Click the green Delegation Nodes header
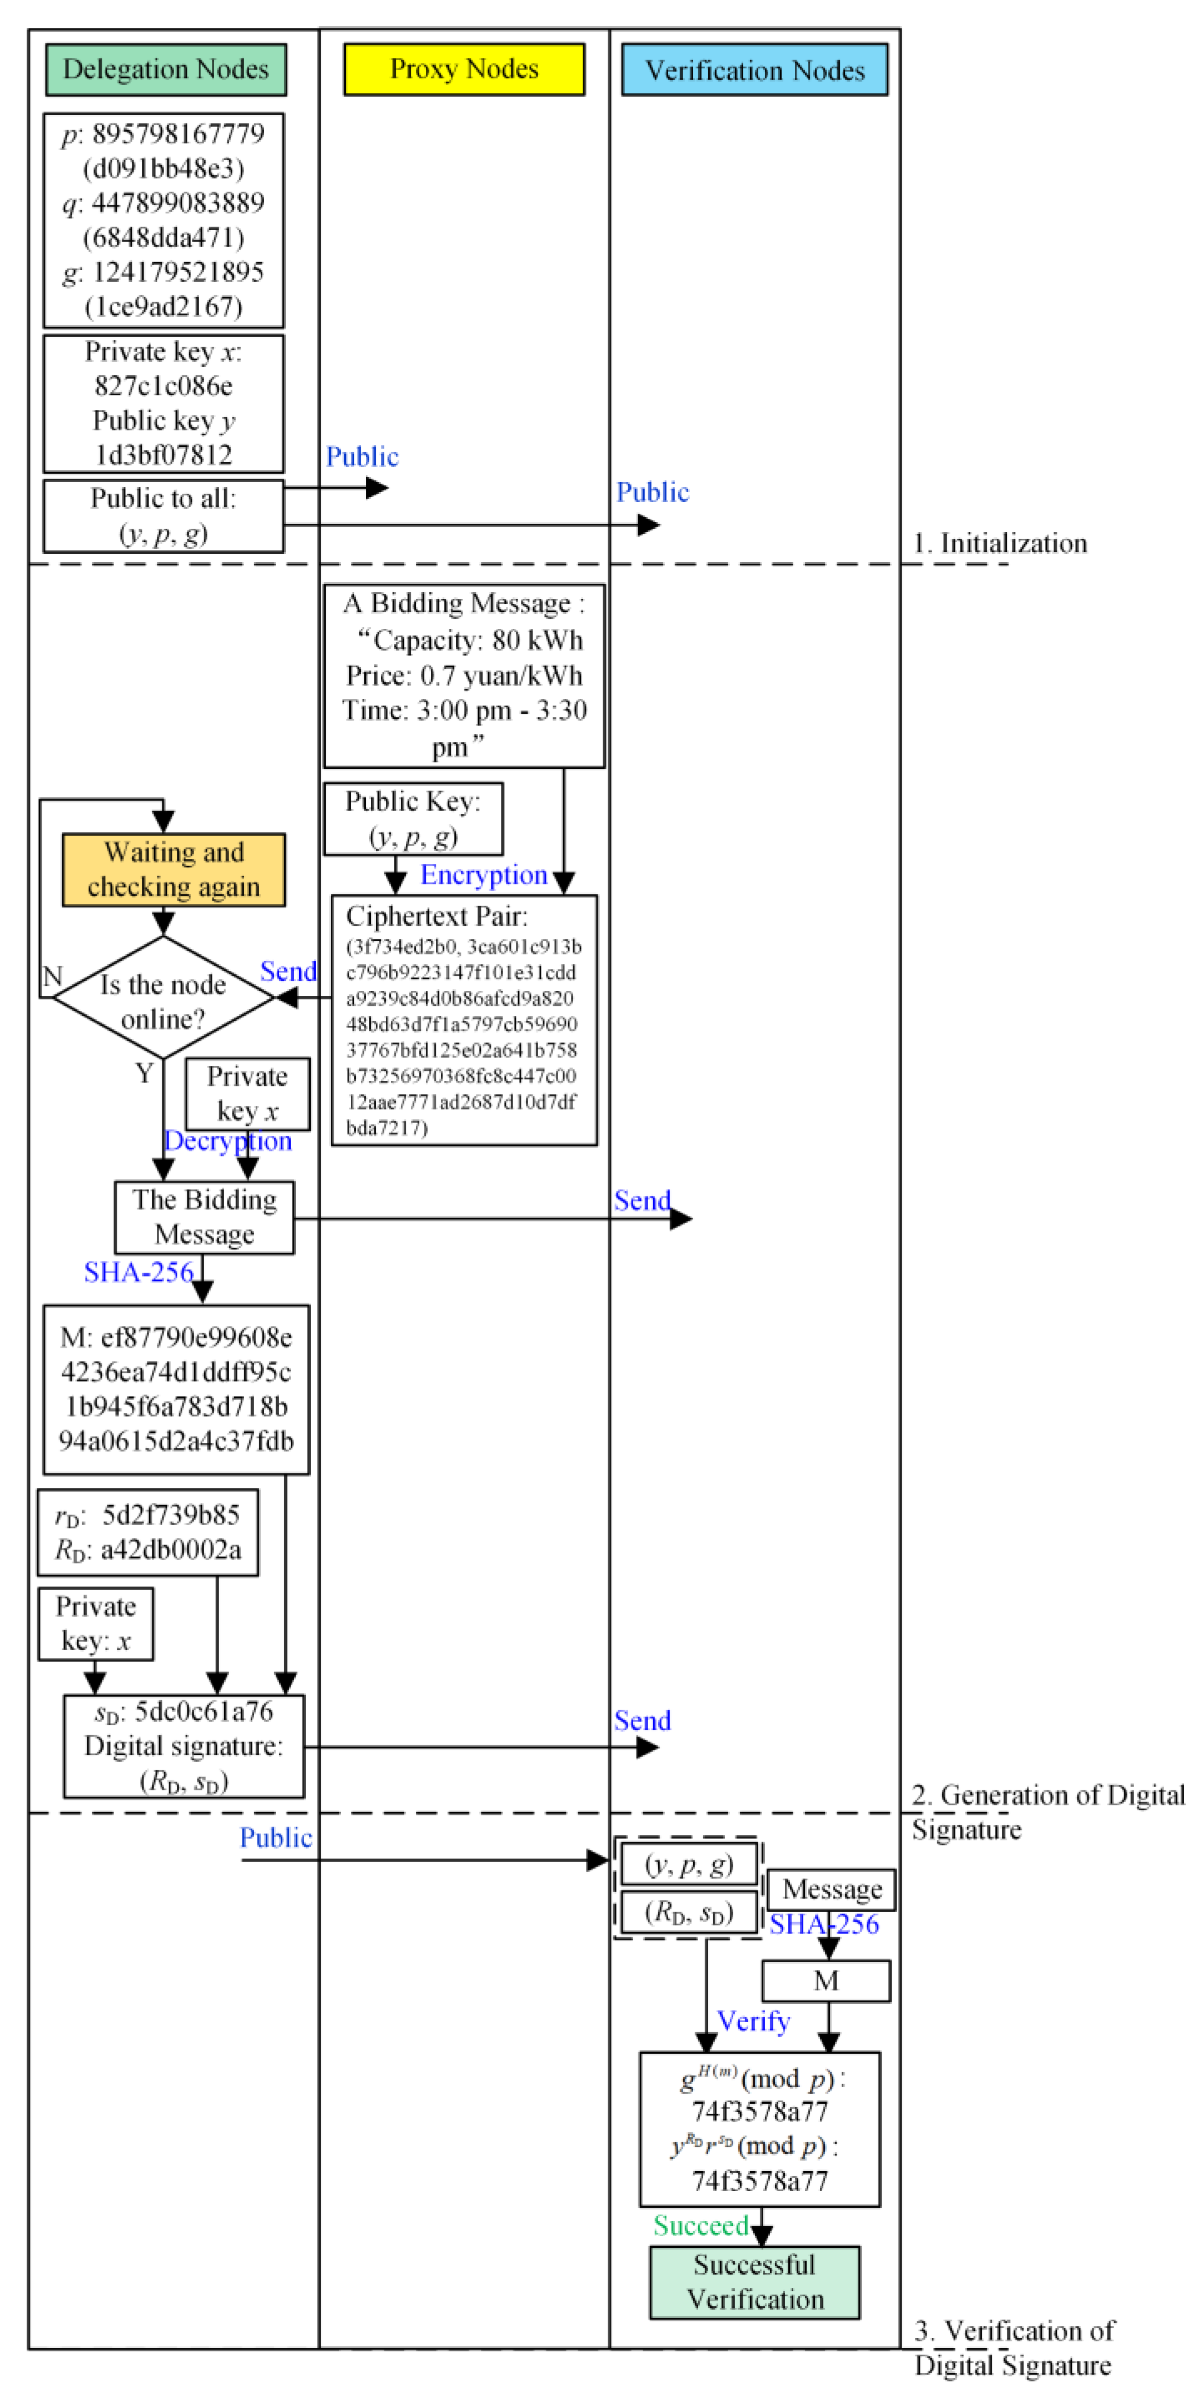click(x=165, y=69)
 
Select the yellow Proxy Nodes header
click(x=464, y=69)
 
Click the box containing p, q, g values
click(x=163, y=220)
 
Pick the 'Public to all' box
click(x=163, y=515)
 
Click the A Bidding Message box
click(x=464, y=676)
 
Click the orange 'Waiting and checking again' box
click(x=173, y=870)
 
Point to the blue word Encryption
click(x=483, y=875)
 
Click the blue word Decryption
click(x=227, y=1141)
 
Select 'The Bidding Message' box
click(x=205, y=1217)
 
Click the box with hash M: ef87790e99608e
click(x=176, y=1389)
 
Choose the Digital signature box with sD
click(x=184, y=1746)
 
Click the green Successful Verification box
click(x=754, y=2282)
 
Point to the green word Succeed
click(x=700, y=2226)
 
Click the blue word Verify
click(x=753, y=2022)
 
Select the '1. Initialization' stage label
click(x=1000, y=543)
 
